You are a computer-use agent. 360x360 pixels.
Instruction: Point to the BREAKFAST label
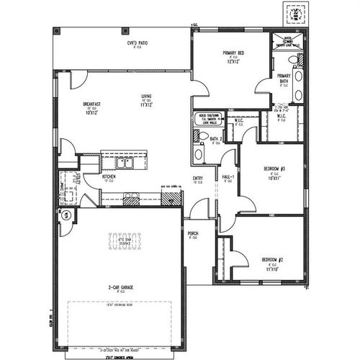[91, 104]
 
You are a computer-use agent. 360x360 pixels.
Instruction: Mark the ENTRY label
[197, 179]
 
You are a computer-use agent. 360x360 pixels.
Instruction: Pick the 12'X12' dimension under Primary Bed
[232, 63]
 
